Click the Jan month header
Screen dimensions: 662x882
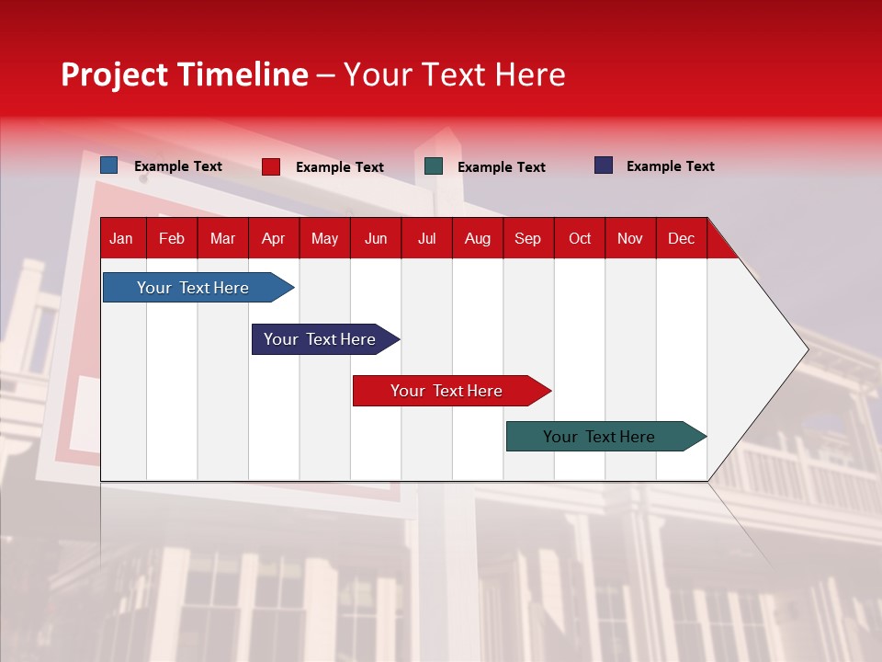[x=121, y=239]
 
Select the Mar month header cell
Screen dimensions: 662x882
[x=222, y=239]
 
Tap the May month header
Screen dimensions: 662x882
[x=324, y=239]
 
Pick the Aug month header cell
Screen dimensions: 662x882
[x=477, y=239]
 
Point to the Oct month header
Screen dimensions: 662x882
[x=579, y=239]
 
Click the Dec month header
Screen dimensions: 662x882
[x=681, y=239]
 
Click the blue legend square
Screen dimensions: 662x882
[x=109, y=165]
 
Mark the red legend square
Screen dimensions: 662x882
[x=271, y=166]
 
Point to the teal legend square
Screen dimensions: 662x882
[x=434, y=166]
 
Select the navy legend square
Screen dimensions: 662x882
[x=604, y=165]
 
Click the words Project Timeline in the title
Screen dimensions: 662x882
[x=185, y=74]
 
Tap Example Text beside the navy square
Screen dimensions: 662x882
[x=670, y=166]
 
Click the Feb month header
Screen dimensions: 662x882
[x=172, y=239]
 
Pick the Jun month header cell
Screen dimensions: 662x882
[x=375, y=239]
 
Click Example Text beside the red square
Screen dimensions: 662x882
[x=339, y=167]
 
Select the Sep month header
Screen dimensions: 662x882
[x=527, y=239]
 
